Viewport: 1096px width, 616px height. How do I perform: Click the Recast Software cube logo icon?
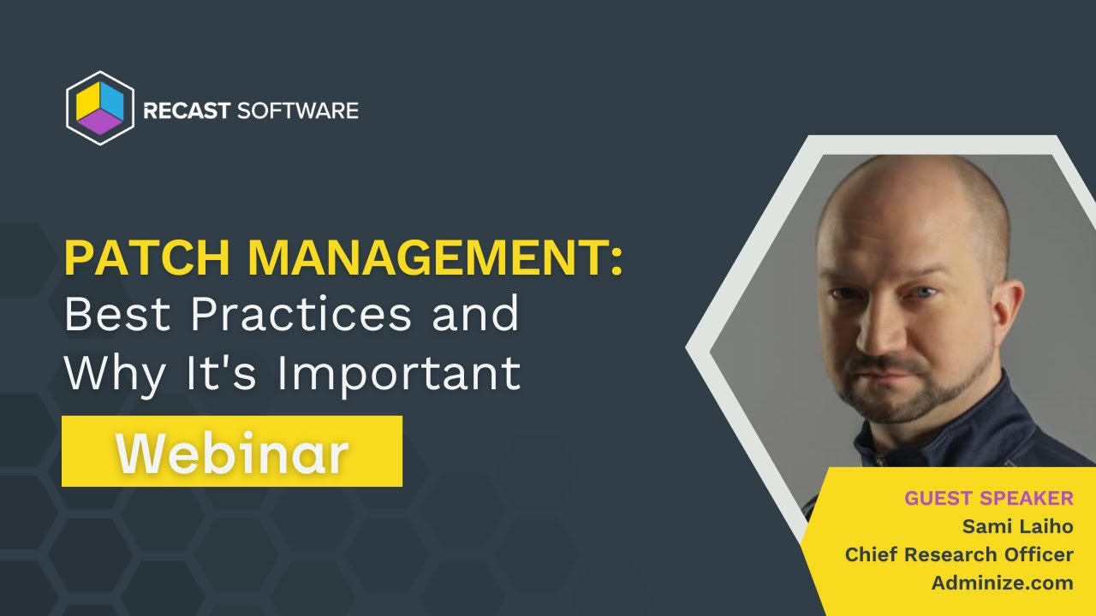tap(100, 109)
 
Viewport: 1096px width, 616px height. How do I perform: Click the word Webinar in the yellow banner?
tap(232, 452)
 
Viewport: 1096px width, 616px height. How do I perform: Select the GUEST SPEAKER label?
tap(989, 498)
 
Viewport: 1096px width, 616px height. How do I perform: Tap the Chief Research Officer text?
tap(959, 554)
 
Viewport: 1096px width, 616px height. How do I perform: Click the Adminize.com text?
tap(1003, 583)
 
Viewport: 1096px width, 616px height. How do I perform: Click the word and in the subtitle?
tap(475, 314)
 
